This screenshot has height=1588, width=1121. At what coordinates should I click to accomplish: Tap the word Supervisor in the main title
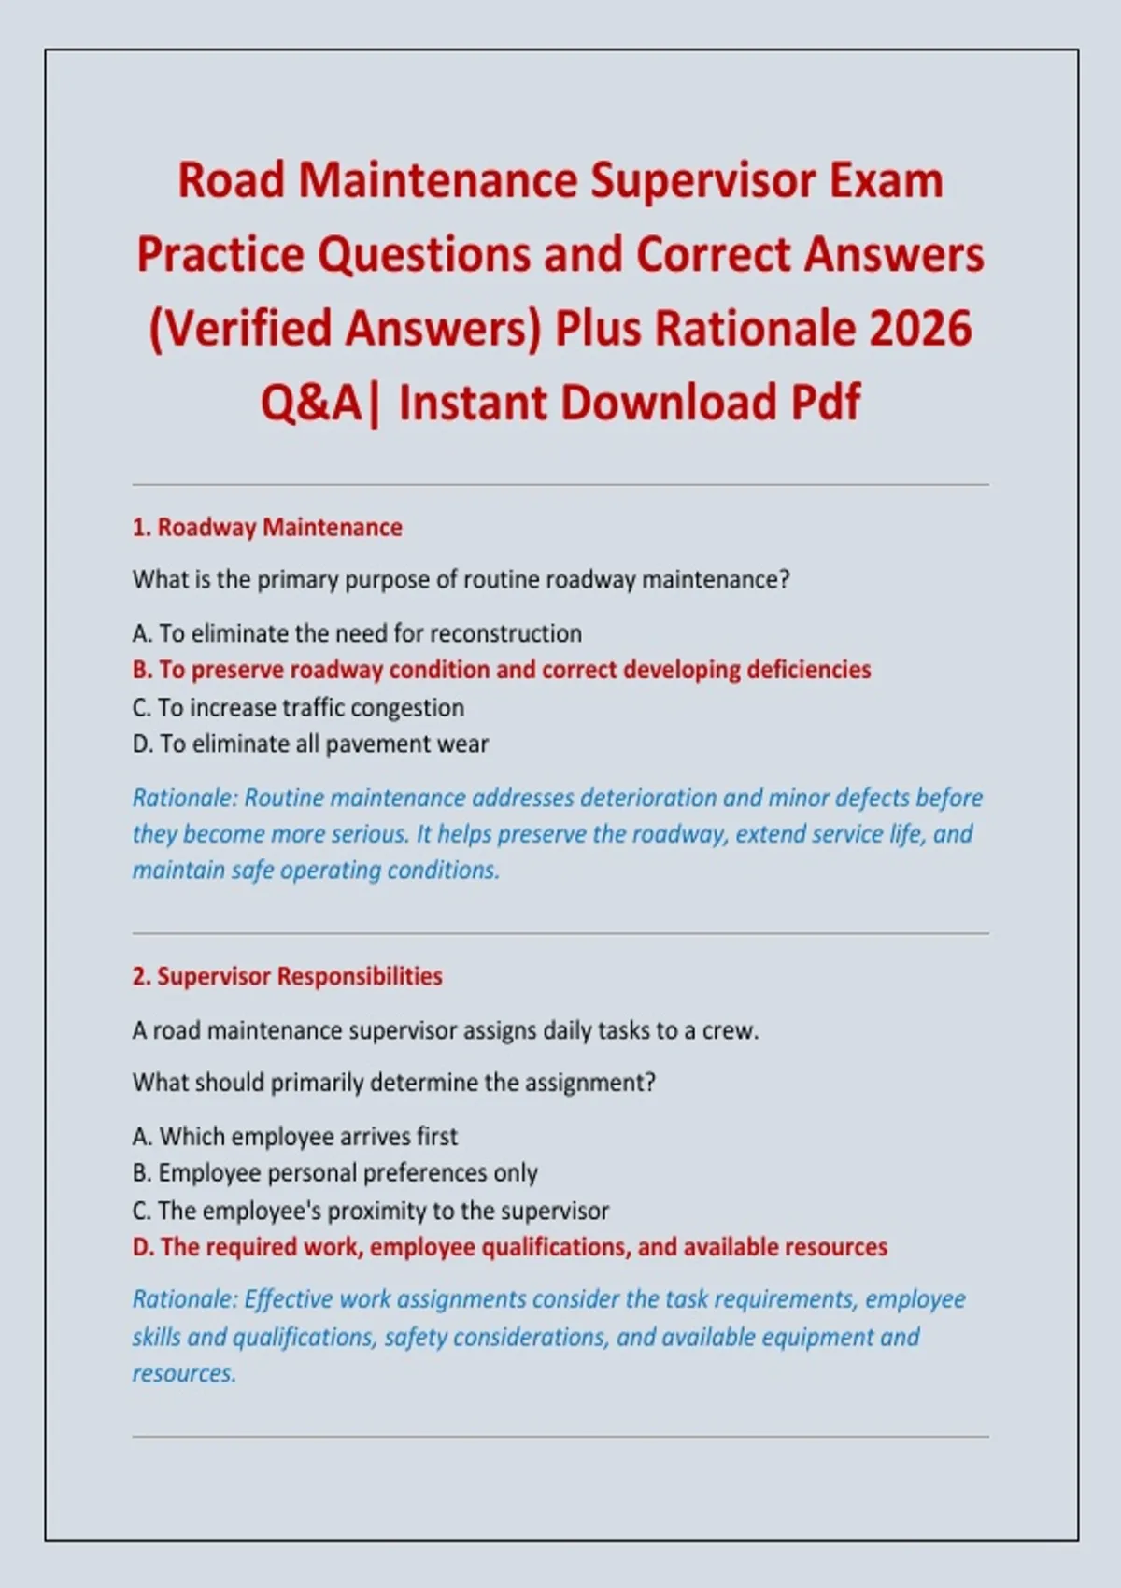(702, 182)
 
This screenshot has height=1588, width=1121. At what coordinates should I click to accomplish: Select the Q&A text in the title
(311, 402)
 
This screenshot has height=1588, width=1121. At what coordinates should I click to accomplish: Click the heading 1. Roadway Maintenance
(267, 528)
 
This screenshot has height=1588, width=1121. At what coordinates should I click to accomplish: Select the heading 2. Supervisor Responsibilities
(287, 976)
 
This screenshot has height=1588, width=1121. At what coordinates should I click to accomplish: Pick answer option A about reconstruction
(357, 633)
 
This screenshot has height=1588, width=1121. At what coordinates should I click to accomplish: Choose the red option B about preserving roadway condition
(502, 670)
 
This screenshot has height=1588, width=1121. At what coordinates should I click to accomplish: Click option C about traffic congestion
(298, 707)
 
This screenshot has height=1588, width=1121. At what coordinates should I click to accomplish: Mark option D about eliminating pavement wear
(310, 744)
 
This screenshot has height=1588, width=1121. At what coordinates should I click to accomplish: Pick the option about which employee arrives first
(294, 1137)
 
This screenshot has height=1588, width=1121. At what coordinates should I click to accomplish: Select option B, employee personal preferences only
(334, 1173)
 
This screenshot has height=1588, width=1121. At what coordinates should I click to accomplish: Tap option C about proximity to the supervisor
(370, 1211)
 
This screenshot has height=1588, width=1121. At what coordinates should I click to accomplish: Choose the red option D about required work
(510, 1247)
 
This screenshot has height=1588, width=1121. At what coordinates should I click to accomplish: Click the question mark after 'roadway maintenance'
(783, 579)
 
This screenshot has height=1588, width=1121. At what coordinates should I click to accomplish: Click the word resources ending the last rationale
(184, 1375)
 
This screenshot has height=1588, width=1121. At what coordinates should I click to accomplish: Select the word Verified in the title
(247, 329)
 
